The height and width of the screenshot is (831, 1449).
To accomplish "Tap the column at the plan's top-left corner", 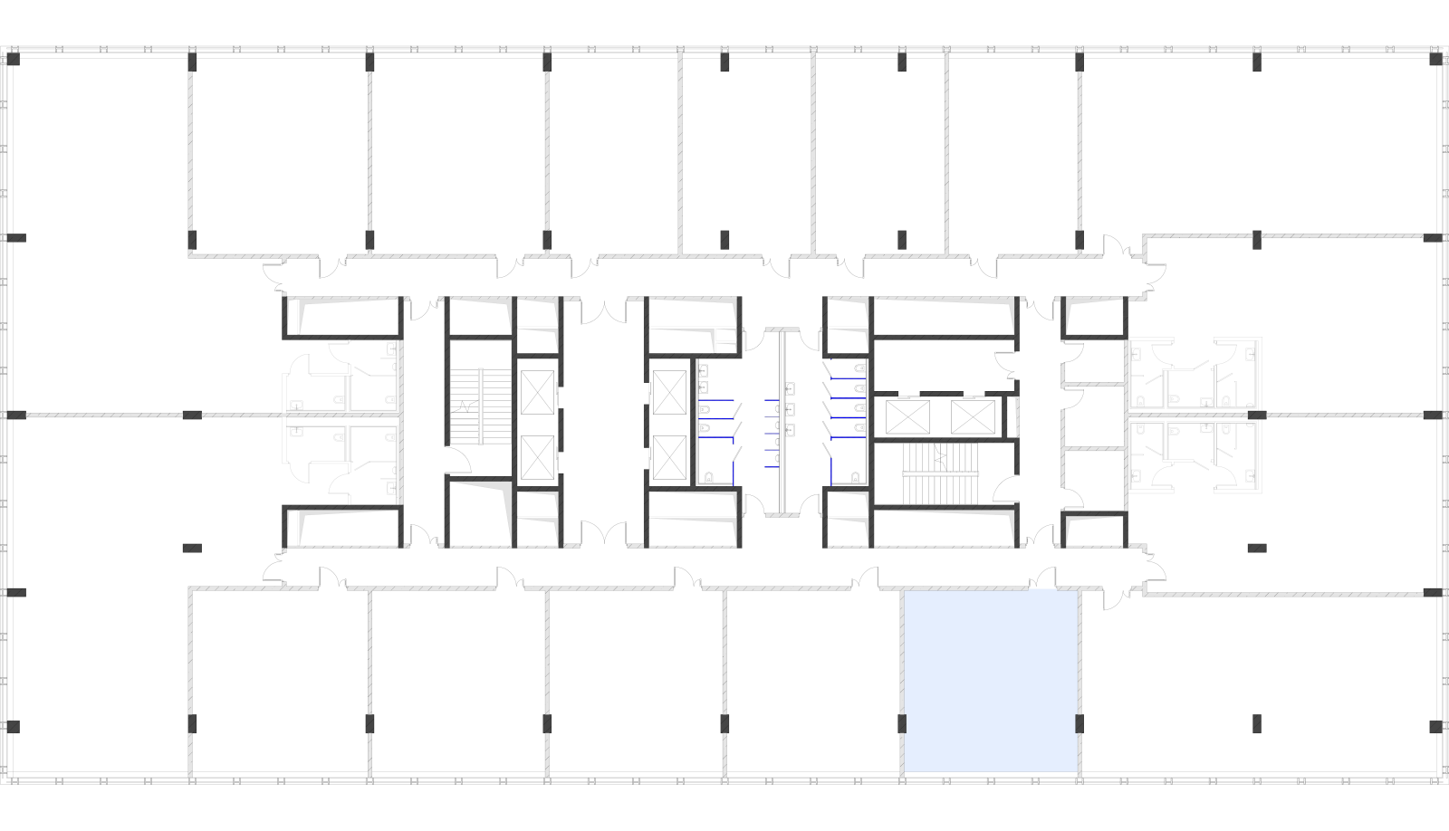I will pyautogui.click(x=14, y=59).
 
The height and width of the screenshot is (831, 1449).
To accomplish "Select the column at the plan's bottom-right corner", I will pyautogui.click(x=1435, y=727).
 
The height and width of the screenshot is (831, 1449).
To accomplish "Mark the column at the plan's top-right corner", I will pyautogui.click(x=1435, y=59).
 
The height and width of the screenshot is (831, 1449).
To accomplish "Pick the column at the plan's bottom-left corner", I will pyautogui.click(x=14, y=727).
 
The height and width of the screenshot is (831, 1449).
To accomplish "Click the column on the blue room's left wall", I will pyautogui.click(x=902, y=723).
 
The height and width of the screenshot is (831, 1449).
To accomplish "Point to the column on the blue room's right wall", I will pyautogui.click(x=1079, y=723).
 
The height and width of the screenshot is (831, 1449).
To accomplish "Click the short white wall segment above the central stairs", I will pyautogui.click(x=782, y=330).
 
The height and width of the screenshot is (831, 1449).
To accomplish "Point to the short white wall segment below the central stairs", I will pyautogui.click(x=782, y=515).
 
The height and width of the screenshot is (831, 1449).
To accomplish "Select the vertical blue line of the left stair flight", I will pyautogui.click(x=734, y=472).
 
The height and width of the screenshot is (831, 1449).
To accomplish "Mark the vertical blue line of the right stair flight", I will pyautogui.click(x=831, y=470).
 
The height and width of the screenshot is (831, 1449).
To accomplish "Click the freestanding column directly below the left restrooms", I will pyautogui.click(x=192, y=548).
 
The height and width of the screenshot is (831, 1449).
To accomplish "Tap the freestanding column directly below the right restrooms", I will pyautogui.click(x=1257, y=548).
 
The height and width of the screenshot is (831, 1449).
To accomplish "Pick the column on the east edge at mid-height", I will pyautogui.click(x=1433, y=415).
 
